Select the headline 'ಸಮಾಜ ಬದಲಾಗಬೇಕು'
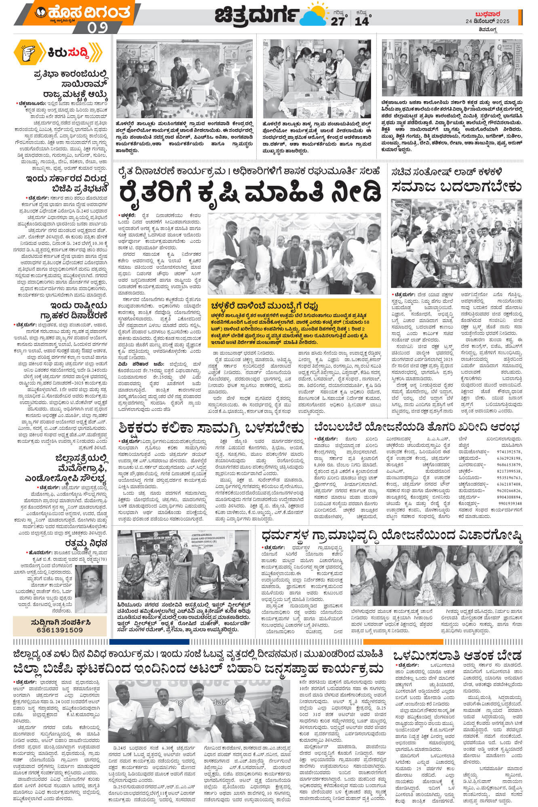click(457, 187)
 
